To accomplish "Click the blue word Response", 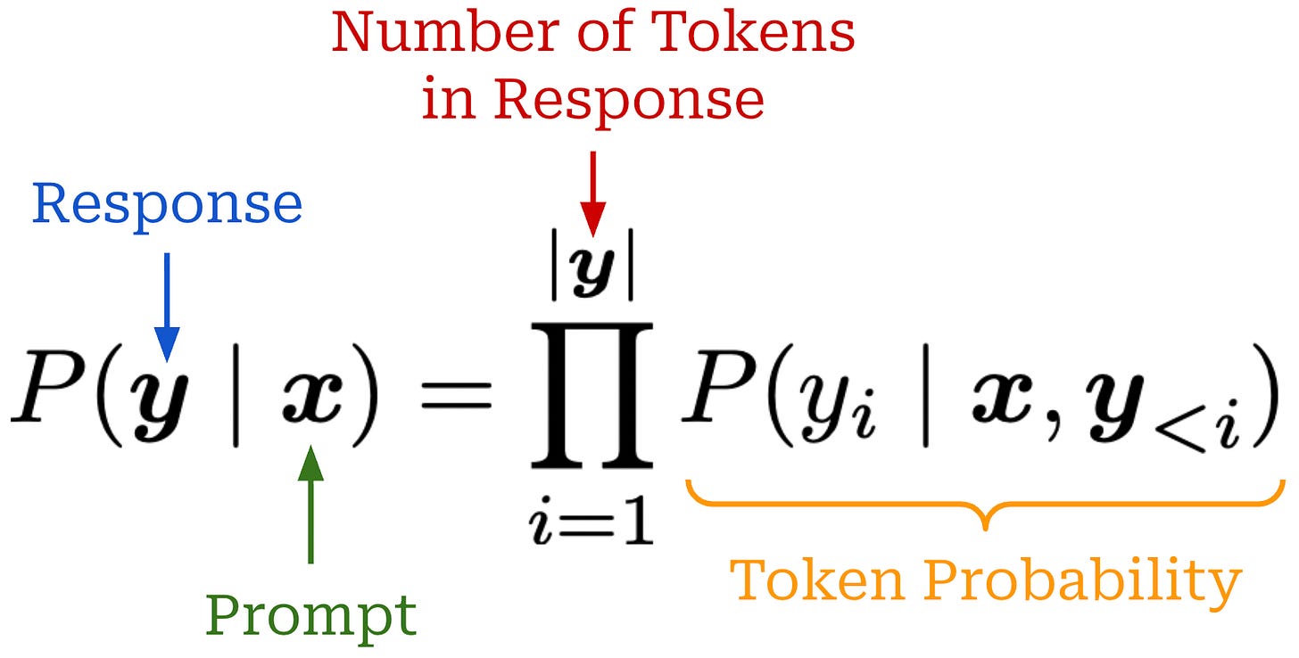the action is pos(167,206).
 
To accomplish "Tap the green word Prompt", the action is pos(310,615).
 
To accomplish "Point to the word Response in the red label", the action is pos(628,101).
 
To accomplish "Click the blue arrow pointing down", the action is pos(167,303).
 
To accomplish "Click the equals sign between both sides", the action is pos(455,397).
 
